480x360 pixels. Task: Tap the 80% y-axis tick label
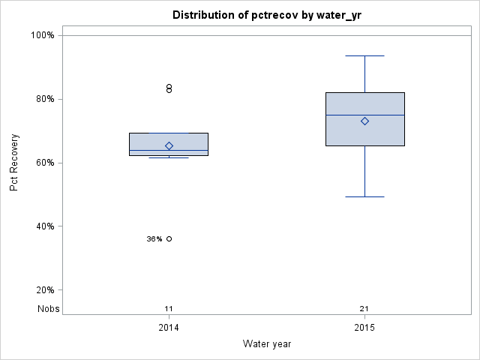click(x=44, y=99)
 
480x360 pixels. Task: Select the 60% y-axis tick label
click(x=44, y=163)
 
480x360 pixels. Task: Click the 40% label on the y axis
click(x=44, y=226)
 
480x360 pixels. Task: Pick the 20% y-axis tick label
click(x=44, y=290)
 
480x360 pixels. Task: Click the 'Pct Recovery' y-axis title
click(x=14, y=163)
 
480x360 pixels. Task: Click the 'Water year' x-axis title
click(x=267, y=343)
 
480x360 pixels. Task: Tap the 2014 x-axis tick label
click(x=169, y=328)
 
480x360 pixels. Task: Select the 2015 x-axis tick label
click(x=364, y=328)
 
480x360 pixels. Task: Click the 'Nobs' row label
click(x=48, y=308)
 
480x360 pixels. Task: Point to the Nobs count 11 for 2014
click(x=169, y=308)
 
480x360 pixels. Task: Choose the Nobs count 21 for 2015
click(x=364, y=308)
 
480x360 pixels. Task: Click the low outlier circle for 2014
click(x=169, y=238)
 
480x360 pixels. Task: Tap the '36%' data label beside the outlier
click(x=154, y=239)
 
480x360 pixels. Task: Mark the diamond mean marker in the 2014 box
click(x=169, y=146)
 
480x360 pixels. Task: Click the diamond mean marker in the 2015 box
click(x=364, y=121)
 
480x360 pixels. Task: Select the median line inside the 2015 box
click(x=364, y=115)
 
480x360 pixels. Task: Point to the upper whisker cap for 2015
click(x=364, y=55)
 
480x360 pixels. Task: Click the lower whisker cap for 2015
click(x=364, y=196)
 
